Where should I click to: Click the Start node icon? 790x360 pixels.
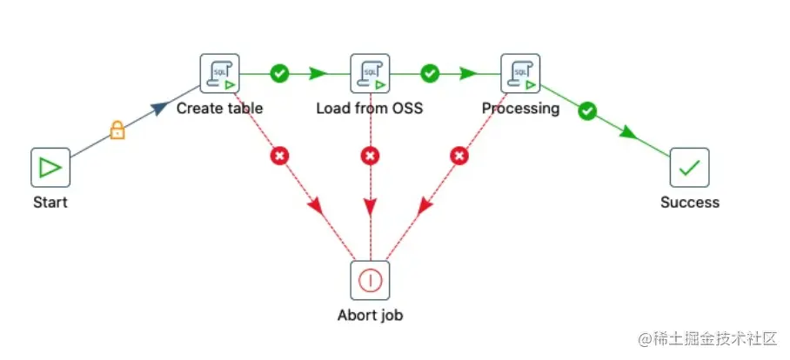50,167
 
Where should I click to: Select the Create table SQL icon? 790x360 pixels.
219,74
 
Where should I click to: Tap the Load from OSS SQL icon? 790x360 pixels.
370,74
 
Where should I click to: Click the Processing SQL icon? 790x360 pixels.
520,74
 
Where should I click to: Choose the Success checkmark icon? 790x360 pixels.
689,167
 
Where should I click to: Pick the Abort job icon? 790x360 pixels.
370,280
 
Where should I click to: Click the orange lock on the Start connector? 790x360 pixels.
116,131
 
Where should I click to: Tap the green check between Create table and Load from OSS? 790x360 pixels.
279,74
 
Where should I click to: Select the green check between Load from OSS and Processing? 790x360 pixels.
430,74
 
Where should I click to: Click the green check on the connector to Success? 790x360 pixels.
587,110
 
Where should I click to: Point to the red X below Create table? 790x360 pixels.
279,157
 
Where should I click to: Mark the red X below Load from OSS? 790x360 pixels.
370,157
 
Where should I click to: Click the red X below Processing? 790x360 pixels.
460,157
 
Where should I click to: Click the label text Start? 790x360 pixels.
50,203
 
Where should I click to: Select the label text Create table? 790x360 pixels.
219,109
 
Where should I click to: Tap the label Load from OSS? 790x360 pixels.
370,109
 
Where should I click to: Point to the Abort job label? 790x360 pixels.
370,315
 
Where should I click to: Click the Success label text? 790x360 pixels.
690,203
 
